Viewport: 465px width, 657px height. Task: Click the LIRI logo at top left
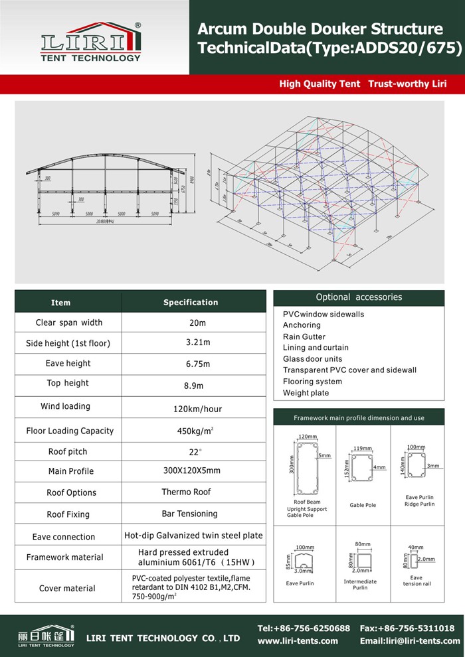pos(91,41)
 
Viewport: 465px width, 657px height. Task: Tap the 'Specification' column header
pos(191,303)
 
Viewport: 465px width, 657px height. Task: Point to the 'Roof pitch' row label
pos(68,452)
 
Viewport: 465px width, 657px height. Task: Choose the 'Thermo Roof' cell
pos(186,492)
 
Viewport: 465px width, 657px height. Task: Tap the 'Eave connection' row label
pos(64,537)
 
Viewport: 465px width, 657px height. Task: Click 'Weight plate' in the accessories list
pos(306,393)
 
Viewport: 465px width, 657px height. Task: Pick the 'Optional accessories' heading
pos(359,297)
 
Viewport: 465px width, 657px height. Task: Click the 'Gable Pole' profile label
pos(363,505)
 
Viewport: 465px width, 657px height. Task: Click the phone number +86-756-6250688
pos(304,628)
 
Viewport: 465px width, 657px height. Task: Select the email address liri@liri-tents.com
pos(410,641)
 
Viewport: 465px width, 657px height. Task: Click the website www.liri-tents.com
pos(298,641)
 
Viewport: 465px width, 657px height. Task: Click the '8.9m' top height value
pos(194,386)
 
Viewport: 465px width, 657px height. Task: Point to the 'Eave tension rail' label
pos(417,581)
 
